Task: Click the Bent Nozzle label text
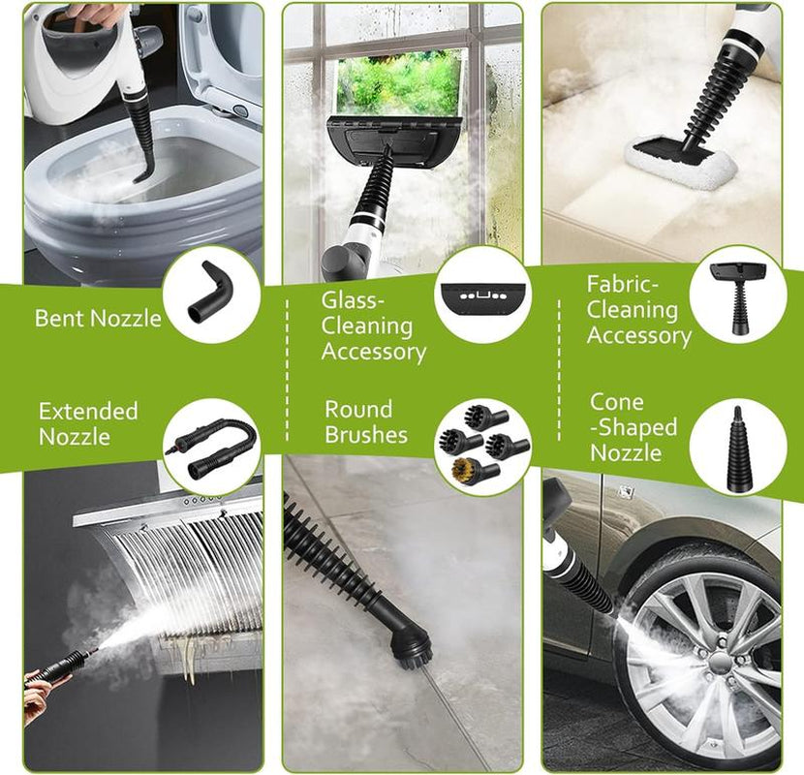(x=98, y=318)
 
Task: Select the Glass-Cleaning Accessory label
(x=373, y=325)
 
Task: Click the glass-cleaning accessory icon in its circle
(x=480, y=294)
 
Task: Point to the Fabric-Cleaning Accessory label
(x=638, y=310)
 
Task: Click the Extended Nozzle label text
(x=88, y=424)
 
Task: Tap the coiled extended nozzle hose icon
(x=213, y=446)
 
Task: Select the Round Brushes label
(x=358, y=421)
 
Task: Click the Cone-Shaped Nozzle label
(x=634, y=427)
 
